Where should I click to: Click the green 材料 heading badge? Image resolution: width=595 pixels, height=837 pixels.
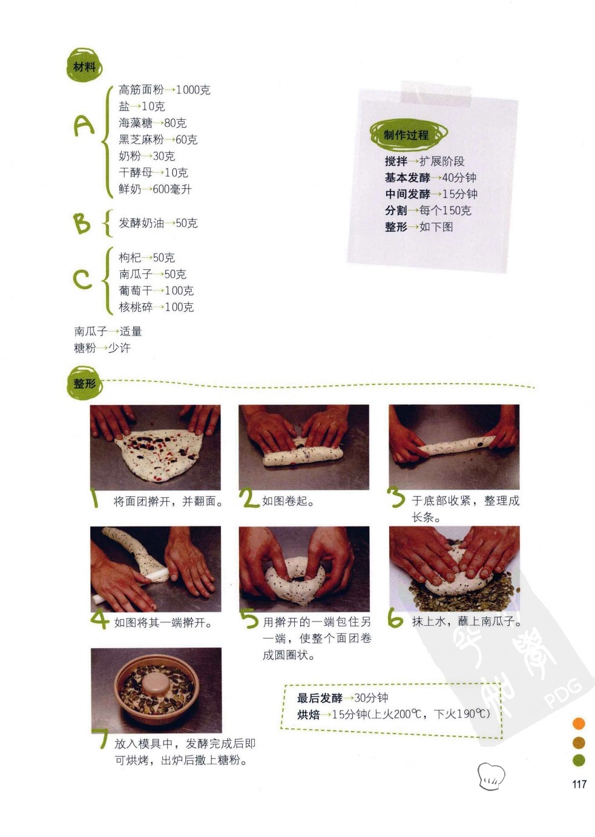85,65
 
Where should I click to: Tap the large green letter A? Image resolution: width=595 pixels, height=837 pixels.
84,125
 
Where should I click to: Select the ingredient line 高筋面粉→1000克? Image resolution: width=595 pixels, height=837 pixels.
165,90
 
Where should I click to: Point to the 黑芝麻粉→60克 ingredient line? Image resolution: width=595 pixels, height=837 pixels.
158,140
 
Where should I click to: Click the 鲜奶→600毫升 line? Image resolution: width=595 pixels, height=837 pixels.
155,189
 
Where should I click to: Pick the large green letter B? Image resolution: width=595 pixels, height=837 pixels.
82,223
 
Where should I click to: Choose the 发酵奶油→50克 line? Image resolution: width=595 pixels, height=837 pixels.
158,223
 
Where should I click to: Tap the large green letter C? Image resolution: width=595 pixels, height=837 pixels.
82,280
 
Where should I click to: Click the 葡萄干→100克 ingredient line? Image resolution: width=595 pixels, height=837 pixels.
156,290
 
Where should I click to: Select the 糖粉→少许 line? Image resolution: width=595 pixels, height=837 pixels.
102,348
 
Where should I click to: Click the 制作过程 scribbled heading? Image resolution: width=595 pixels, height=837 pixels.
408,134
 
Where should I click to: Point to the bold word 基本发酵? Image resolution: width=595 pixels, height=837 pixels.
407,177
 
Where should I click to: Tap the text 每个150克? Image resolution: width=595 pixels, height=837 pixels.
445,211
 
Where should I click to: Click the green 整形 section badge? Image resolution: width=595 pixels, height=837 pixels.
85,383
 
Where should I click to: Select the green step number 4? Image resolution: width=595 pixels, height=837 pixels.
99,620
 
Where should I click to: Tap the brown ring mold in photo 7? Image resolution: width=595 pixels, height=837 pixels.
156,690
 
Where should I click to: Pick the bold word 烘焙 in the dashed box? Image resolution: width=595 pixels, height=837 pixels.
308,714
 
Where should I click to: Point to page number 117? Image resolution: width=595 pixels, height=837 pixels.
579,784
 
